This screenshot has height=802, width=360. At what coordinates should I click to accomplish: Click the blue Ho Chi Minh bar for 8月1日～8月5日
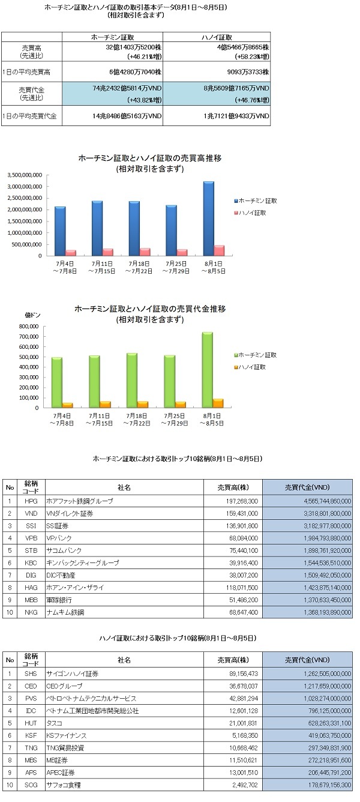click(209, 219)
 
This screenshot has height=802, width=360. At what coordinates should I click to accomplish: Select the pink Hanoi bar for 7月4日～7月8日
click(70, 253)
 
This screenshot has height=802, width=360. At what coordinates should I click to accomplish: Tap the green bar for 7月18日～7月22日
click(131, 380)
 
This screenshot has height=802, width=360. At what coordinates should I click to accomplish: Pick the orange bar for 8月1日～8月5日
click(218, 403)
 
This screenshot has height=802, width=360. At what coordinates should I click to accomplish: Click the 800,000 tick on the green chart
click(29, 326)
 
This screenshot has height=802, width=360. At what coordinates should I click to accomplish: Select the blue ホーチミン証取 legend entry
click(256, 201)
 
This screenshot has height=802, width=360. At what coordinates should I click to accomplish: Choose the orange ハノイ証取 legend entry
click(250, 367)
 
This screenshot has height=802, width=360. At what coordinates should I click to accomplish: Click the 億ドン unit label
click(32, 315)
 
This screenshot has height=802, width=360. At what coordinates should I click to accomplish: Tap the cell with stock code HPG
click(31, 501)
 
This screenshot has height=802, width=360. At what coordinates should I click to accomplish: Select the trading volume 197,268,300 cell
click(242, 501)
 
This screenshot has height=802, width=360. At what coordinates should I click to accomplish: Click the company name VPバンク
click(59, 538)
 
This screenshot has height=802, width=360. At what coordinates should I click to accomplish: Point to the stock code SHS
click(31, 674)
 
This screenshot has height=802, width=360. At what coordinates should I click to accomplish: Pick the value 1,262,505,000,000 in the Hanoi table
click(328, 674)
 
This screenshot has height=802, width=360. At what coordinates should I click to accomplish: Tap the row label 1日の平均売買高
click(26, 72)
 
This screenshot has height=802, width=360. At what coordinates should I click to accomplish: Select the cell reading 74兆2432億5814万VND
click(127, 88)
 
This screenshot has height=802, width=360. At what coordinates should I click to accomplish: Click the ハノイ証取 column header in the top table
click(217, 37)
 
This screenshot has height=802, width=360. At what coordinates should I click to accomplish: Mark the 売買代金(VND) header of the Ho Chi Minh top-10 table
click(307, 487)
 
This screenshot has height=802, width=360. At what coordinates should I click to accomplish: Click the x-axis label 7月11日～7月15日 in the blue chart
click(102, 268)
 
